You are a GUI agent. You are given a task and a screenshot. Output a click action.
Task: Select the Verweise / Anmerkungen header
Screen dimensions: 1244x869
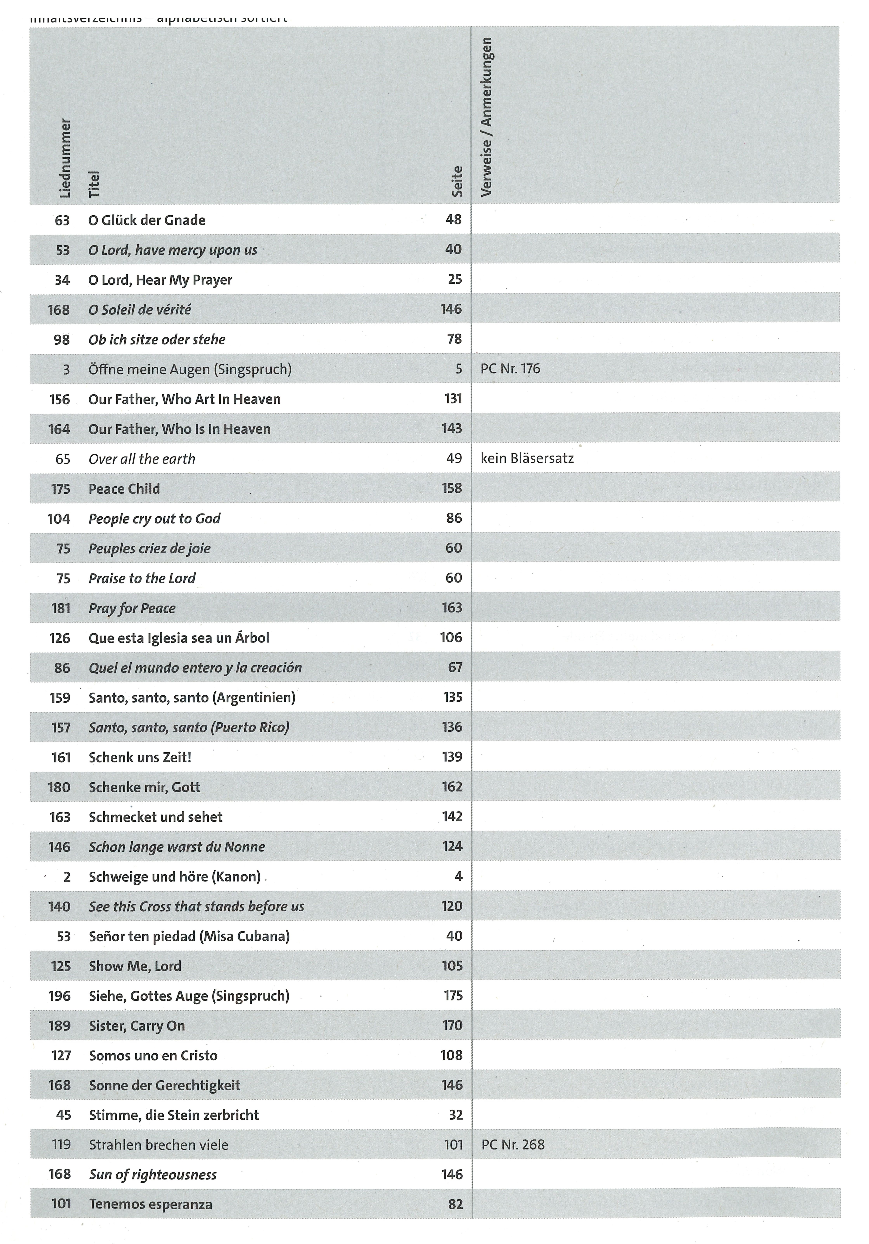(486, 117)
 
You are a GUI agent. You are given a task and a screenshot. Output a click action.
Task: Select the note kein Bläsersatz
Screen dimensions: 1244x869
(527, 458)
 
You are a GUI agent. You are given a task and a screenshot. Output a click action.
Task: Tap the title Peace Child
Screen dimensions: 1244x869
(124, 489)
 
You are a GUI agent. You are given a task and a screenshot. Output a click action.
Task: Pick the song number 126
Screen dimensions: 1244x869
(60, 638)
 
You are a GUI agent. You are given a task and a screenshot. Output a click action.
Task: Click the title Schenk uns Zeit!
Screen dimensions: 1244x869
(140, 757)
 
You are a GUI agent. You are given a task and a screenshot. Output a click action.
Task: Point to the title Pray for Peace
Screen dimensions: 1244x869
(132, 608)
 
